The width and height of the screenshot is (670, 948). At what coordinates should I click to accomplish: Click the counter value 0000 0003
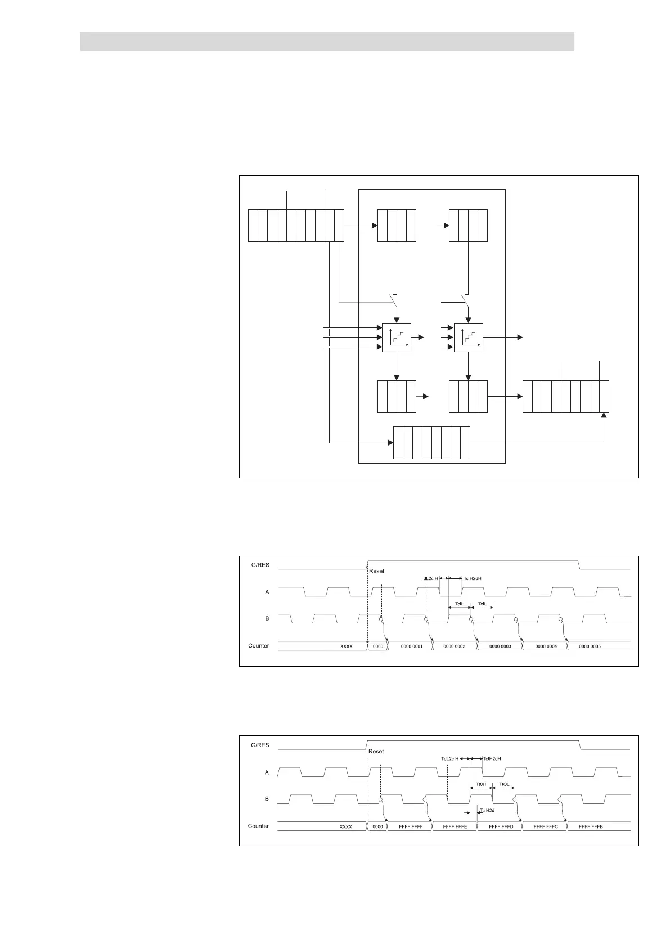[x=500, y=646]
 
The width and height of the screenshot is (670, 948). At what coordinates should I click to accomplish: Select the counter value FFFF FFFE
[x=455, y=827]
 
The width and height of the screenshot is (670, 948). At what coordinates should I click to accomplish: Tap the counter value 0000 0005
[x=590, y=646]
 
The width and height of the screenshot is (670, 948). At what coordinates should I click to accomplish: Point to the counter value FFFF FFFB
[x=591, y=827]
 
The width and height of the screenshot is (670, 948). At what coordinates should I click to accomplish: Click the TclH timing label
[x=460, y=604]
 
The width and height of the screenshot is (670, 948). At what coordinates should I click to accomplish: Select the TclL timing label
[x=482, y=604]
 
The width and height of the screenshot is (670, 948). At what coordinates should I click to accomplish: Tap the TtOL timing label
[x=503, y=784]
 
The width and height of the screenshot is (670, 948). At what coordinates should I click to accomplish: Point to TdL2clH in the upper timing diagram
[x=429, y=578]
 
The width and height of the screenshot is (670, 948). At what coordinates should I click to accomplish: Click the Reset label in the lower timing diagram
[x=376, y=751]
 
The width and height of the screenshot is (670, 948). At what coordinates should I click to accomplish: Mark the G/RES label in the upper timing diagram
[x=260, y=565]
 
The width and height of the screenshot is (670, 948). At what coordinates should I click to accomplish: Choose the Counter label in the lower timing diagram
[x=258, y=826]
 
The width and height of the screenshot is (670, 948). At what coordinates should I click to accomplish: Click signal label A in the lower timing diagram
[x=267, y=772]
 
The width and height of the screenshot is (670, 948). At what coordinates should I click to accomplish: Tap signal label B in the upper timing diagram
[x=267, y=618]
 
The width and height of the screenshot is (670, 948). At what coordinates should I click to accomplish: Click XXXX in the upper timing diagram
[x=347, y=646]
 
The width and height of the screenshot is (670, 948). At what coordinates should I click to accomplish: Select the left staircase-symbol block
[x=397, y=338]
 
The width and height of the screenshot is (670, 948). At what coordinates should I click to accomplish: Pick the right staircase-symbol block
[x=468, y=338]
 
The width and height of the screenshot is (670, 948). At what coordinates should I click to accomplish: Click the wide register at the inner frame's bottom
[x=431, y=443]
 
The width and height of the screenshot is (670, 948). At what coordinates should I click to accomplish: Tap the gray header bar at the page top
[x=327, y=42]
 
